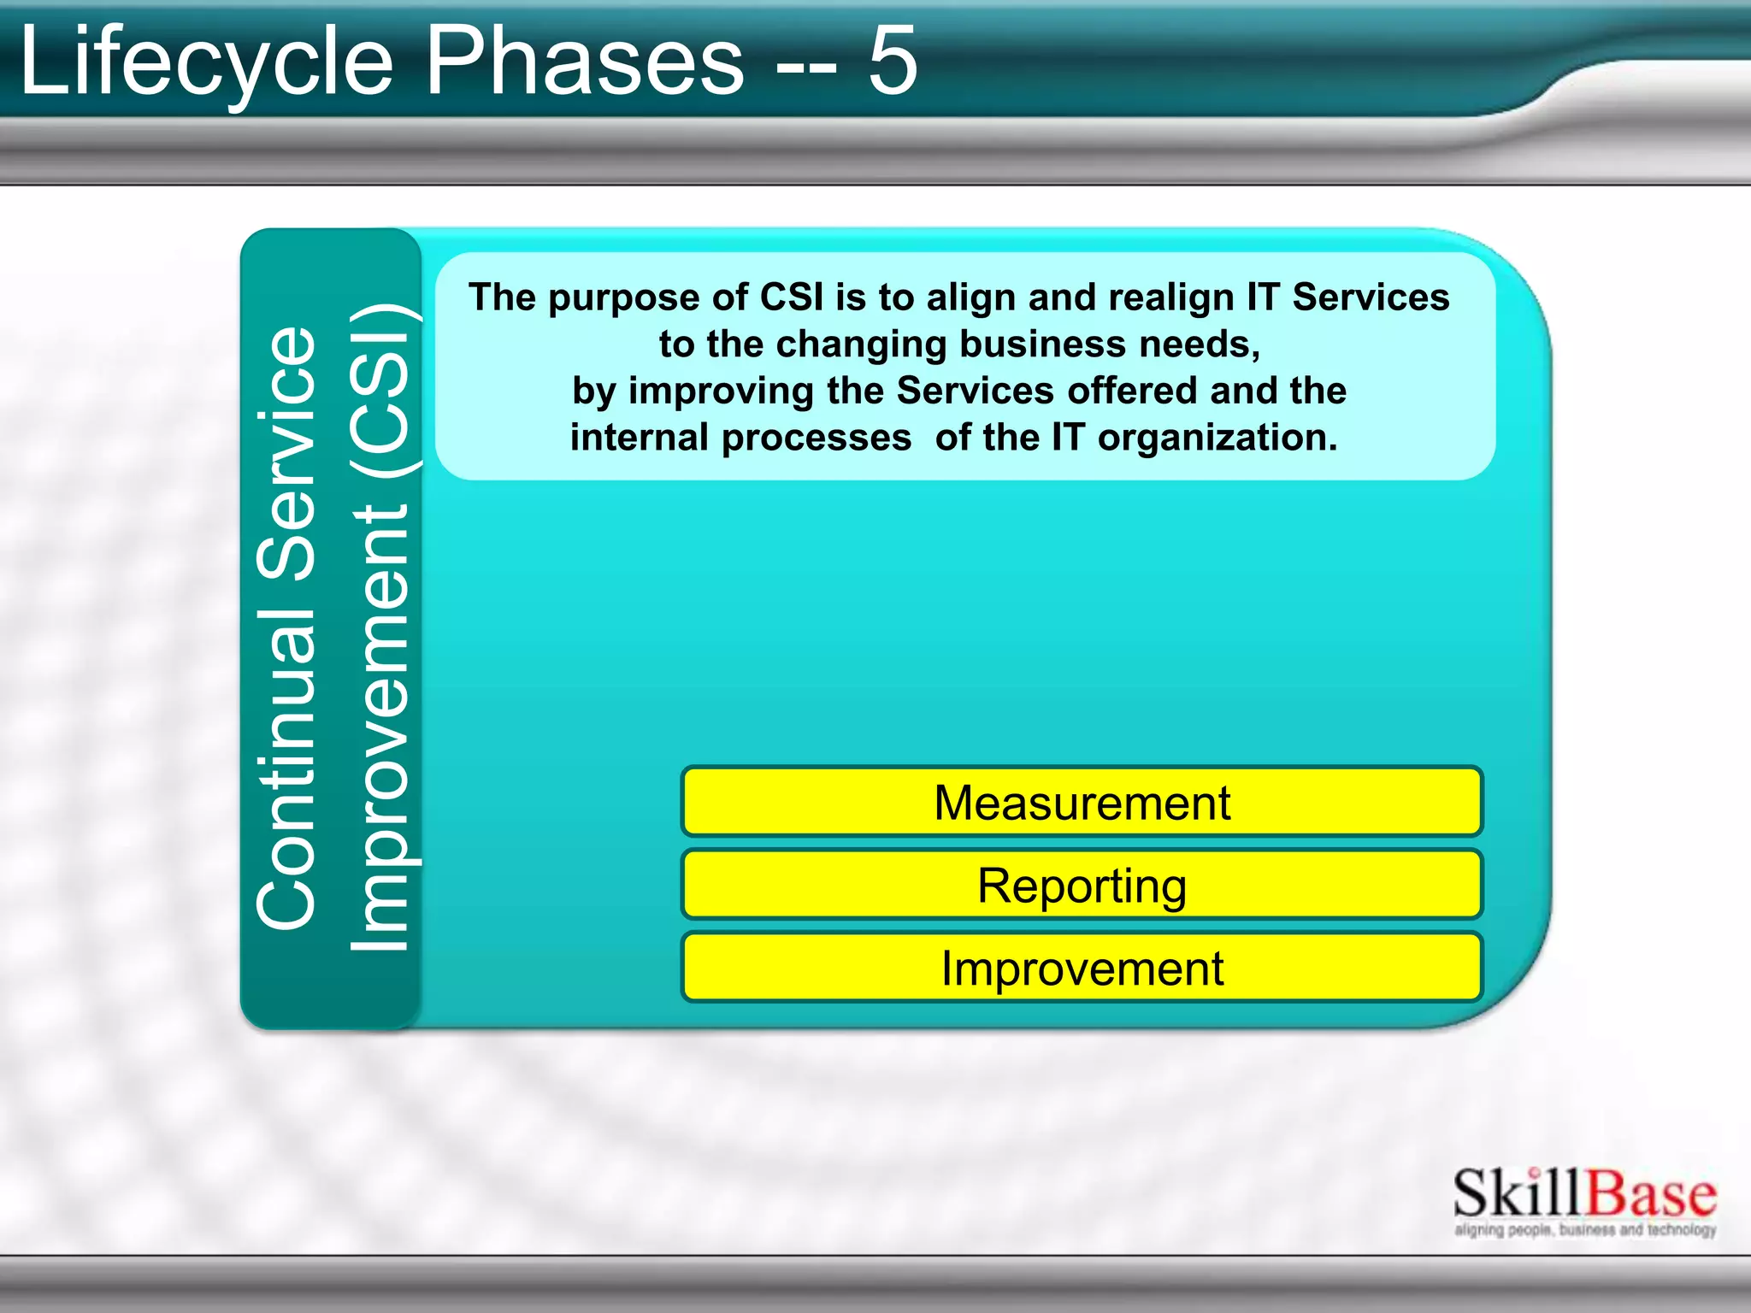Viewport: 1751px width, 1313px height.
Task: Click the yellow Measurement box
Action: point(1082,802)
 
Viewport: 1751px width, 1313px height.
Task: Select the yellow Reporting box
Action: point(1082,885)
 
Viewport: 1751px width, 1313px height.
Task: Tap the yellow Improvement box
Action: point(1082,968)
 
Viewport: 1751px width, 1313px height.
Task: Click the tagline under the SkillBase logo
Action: point(1584,1230)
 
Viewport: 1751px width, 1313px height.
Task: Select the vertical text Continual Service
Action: point(287,628)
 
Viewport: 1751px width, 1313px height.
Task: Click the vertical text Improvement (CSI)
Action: point(380,628)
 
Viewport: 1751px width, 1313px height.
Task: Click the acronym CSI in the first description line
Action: point(792,297)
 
